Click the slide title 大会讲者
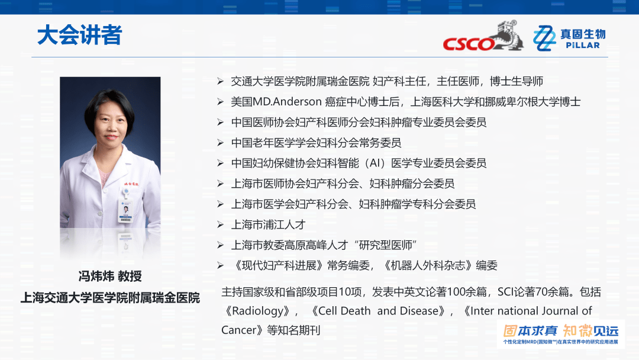click(x=79, y=36)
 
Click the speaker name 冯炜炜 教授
click(x=110, y=277)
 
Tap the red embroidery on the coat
click(x=130, y=184)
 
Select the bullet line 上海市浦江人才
click(x=268, y=224)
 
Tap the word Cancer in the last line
click(x=238, y=330)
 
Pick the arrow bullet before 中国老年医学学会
click(x=220, y=143)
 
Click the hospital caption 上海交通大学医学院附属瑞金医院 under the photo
click(x=110, y=298)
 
